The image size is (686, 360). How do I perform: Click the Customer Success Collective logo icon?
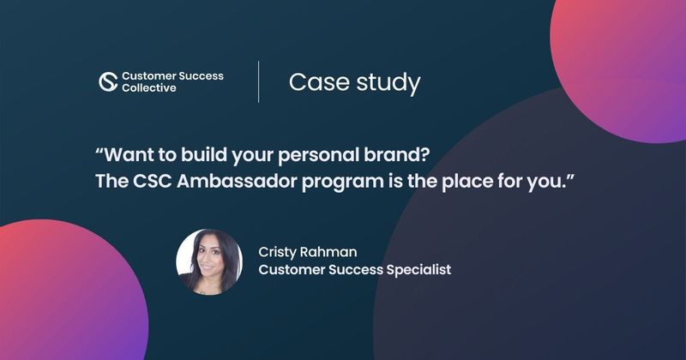(108, 81)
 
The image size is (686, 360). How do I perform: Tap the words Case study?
(354, 82)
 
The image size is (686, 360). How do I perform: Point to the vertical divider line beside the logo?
(259, 81)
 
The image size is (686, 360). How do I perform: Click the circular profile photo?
(209, 261)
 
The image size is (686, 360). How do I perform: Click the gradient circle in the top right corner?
(622, 60)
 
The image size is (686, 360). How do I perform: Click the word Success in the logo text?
(197, 75)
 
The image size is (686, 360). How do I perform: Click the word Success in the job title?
(352, 270)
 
